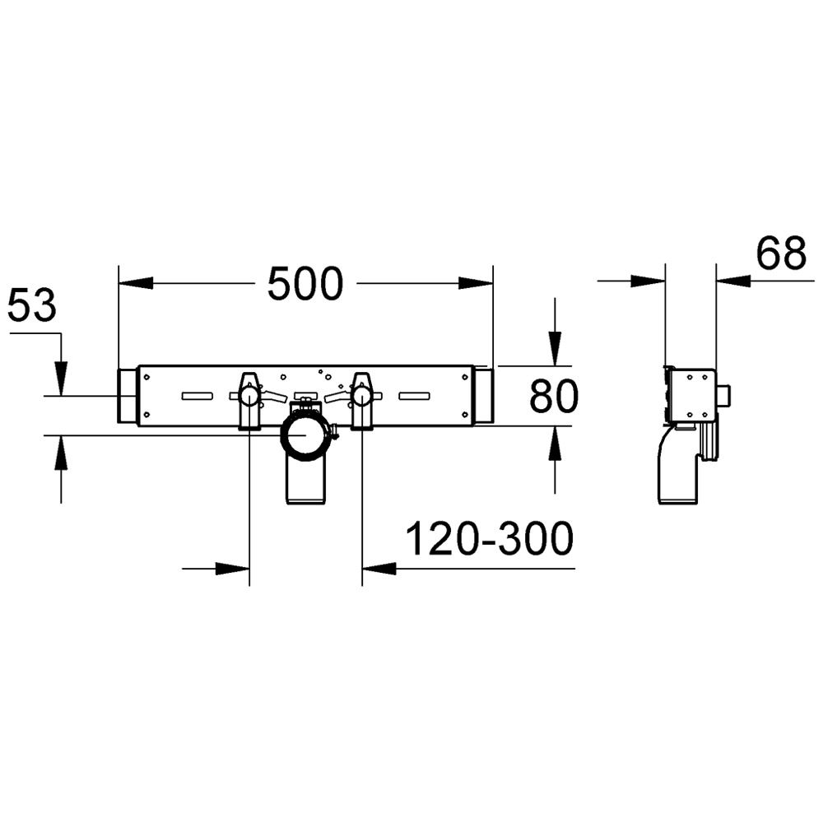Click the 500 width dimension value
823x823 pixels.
[x=305, y=285]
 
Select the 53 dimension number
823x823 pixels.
[x=31, y=307]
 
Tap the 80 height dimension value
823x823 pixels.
[x=554, y=397]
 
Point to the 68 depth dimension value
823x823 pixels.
[x=780, y=254]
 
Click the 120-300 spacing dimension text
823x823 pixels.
[x=488, y=541]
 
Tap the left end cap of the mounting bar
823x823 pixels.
[x=128, y=397]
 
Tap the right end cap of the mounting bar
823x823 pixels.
[x=483, y=397]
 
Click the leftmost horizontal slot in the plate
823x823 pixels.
[x=197, y=397]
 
